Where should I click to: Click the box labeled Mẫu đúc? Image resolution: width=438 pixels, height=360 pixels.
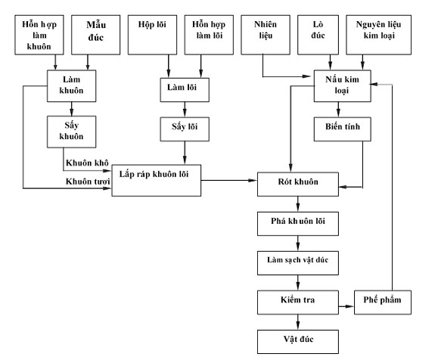tap(96, 35)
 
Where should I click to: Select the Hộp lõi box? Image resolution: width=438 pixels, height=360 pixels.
tap(152, 35)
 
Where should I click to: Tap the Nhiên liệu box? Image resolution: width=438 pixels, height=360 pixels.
tap(266, 35)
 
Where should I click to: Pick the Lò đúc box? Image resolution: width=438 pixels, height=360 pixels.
tap(318, 35)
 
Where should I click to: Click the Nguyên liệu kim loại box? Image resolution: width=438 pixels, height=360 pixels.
tap(378, 35)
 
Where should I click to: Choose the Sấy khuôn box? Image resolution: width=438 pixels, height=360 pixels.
tap(72, 132)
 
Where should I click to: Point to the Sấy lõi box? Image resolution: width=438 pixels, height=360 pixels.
tap(185, 129)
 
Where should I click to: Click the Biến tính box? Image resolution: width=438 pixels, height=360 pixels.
tap(343, 129)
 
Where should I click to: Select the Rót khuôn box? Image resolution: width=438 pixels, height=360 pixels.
tap(298, 185)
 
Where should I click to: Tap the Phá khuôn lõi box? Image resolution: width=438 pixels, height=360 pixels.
tap(298, 224)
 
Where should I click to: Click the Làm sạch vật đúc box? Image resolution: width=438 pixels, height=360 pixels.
tap(298, 263)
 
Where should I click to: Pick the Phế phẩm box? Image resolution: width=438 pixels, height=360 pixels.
tap(383, 303)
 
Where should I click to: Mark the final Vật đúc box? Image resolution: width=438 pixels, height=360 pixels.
tap(298, 342)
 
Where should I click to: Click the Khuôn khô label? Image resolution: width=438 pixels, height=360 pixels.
tap(87, 163)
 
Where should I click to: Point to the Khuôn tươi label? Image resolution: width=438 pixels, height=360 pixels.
tap(88, 182)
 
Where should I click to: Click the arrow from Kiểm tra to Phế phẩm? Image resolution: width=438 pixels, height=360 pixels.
tap(346, 306)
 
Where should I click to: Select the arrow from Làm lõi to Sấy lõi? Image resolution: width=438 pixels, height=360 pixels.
tap(185, 110)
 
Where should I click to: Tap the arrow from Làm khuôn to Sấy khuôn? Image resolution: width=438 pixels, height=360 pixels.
tap(72, 109)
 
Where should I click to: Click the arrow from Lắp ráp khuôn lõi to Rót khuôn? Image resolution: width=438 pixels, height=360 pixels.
tap(229, 181)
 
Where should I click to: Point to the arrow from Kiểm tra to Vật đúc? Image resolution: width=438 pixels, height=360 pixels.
tap(298, 322)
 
